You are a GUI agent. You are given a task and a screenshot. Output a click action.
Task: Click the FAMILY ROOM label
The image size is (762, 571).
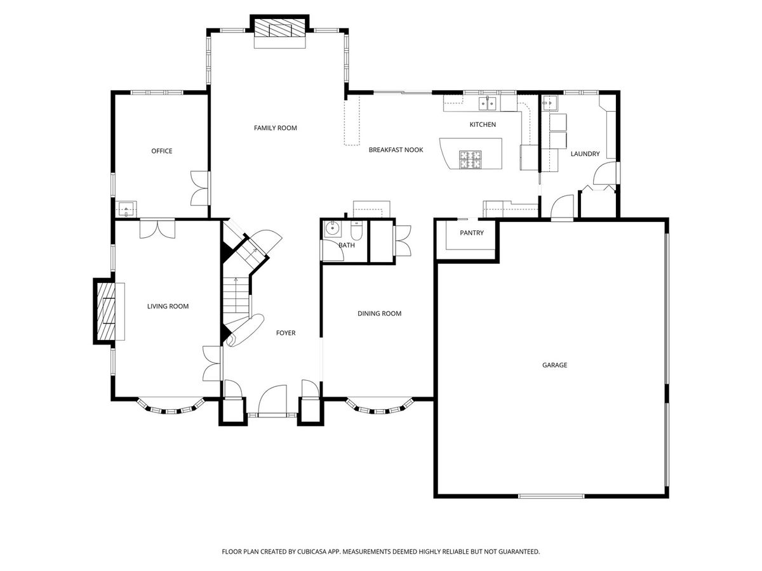(x=276, y=128)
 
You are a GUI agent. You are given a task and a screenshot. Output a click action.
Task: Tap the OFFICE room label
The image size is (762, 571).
(x=162, y=151)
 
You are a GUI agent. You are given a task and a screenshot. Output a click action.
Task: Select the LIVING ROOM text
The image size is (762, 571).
(x=168, y=306)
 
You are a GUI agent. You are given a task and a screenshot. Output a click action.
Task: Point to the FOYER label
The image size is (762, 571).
(x=286, y=333)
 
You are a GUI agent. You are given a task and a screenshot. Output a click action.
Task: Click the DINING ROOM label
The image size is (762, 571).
(x=380, y=313)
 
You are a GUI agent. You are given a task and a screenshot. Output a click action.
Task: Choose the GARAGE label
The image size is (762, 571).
(x=555, y=365)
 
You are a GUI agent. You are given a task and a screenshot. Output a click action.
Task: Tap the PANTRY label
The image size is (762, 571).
(x=472, y=233)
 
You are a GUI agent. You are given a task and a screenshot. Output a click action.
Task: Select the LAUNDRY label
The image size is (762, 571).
(x=585, y=154)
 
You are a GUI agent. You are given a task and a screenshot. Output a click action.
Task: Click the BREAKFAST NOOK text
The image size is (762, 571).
(x=396, y=150)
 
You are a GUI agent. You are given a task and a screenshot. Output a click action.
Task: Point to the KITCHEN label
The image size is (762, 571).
(x=483, y=124)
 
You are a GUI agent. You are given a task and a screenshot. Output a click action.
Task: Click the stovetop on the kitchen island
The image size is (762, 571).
(x=471, y=159)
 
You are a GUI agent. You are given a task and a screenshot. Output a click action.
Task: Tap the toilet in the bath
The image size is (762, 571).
(x=356, y=230)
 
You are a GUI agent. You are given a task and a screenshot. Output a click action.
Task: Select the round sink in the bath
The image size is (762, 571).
(x=332, y=229)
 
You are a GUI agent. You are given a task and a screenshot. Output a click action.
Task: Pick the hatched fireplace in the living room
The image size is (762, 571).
(x=106, y=311)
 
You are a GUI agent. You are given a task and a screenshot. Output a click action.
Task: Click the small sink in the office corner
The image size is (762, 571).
(x=126, y=209)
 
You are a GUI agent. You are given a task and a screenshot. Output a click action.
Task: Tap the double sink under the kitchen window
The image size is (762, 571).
(x=488, y=103)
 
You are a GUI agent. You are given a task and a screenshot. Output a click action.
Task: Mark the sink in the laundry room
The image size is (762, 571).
(x=550, y=103)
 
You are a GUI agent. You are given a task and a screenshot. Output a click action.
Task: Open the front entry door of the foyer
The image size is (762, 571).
(x=273, y=400)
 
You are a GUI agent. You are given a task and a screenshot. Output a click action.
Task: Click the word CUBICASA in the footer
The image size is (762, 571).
(x=312, y=551)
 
